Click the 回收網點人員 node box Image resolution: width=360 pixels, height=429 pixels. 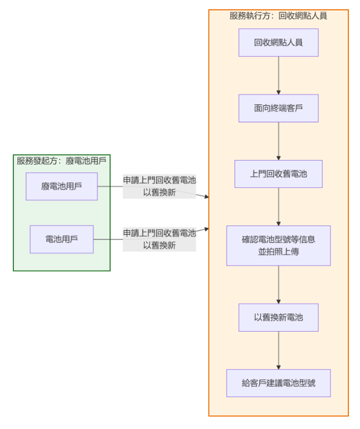pos(278,42)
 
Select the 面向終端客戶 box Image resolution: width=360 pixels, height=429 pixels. pos(278,108)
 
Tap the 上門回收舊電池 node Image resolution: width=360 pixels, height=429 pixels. pos(278,173)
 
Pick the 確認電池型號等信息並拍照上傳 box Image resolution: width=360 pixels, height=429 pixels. pos(278,245)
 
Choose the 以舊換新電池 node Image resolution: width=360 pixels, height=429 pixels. pos(278,317)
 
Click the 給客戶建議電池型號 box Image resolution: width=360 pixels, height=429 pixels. pos(278,383)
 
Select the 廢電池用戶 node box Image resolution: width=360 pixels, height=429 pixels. pos(61,186)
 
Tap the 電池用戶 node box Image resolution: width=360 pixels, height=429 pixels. pos(61,239)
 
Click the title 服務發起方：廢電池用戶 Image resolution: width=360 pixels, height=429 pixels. pos(61,161)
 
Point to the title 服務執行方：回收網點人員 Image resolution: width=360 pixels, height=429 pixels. pos(278,16)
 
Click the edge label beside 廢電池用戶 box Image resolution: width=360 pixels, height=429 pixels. pos(159,186)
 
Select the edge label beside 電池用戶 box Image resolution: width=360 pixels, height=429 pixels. pos(159,239)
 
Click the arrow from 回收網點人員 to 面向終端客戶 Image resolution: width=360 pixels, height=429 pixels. pos(278,75)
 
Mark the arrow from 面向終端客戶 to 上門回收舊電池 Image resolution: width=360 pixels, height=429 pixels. pos(278,141)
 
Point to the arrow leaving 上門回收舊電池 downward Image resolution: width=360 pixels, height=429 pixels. pos(278,206)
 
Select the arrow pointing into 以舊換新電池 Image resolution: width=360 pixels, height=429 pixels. pos(278,285)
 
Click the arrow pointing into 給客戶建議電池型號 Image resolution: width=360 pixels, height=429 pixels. pos(278,350)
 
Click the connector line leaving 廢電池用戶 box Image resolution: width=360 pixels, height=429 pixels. pos(110,186)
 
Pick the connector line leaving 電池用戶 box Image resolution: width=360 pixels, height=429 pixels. pos(108,239)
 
